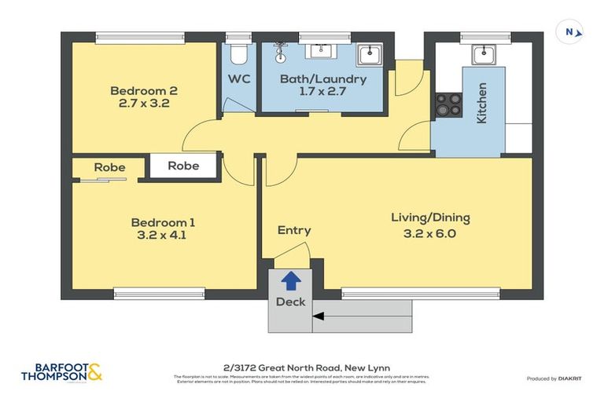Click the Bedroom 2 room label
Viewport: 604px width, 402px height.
point(140,90)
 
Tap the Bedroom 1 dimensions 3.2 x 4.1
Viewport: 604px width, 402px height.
point(160,234)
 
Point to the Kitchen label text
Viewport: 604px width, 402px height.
point(482,103)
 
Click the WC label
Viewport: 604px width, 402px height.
point(239,79)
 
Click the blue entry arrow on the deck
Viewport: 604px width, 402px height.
point(290,278)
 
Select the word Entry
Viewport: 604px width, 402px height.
point(294,230)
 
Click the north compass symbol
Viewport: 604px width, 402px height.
point(572,33)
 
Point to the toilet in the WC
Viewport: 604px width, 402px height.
point(238,53)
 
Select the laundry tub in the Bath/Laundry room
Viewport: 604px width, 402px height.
point(369,55)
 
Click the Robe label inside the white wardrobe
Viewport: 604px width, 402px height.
point(183,166)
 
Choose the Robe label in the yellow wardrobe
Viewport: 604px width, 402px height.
point(109,167)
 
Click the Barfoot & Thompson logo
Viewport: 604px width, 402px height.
point(61,371)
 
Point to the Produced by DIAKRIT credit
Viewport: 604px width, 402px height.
point(553,379)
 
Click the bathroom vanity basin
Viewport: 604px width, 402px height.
point(319,51)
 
